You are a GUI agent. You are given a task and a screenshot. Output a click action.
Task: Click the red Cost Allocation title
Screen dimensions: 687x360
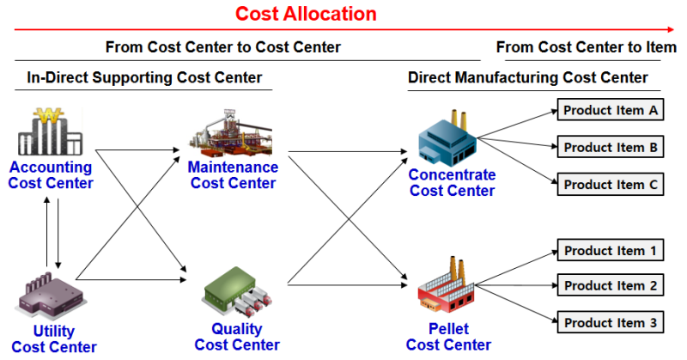pyautogui.click(x=306, y=14)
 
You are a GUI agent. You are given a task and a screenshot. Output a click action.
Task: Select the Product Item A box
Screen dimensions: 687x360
pyautogui.click(x=611, y=110)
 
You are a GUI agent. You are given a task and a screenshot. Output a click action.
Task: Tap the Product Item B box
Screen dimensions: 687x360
pyautogui.click(x=611, y=147)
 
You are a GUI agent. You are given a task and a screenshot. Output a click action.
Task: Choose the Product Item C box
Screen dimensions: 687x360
pyautogui.click(x=611, y=184)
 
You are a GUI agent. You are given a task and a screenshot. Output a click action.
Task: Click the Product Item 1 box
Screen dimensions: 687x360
pyautogui.click(x=611, y=250)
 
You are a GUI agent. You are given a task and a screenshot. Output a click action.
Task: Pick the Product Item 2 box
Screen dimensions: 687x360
pyautogui.click(x=611, y=285)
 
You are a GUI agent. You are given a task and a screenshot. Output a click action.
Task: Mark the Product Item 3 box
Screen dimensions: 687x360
pyautogui.click(x=611, y=322)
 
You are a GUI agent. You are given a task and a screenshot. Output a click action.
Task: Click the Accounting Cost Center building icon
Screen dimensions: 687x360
pyautogui.click(x=50, y=131)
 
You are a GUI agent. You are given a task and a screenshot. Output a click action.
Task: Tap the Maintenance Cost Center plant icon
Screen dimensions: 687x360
pyautogui.click(x=231, y=133)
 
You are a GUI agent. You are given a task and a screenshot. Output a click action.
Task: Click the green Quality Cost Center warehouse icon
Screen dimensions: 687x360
pyautogui.click(x=237, y=291)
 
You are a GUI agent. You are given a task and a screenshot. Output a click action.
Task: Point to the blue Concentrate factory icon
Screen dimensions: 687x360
pyautogui.click(x=447, y=138)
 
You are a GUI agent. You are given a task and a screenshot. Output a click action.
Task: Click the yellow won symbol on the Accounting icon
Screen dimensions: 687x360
pyautogui.click(x=49, y=116)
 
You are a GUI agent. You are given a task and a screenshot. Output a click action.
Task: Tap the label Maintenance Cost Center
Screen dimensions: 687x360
pyautogui.click(x=233, y=175)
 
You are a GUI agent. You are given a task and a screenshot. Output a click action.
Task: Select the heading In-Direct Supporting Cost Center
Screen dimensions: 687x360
pyautogui.click(x=144, y=77)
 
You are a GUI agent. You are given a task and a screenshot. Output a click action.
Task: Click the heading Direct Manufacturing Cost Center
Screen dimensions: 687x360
pyautogui.click(x=528, y=77)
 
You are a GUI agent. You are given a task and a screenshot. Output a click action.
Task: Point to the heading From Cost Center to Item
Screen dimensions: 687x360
pyautogui.click(x=587, y=47)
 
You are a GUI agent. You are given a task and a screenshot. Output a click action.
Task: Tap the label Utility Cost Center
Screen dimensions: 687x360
pyautogui.click(x=54, y=339)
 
